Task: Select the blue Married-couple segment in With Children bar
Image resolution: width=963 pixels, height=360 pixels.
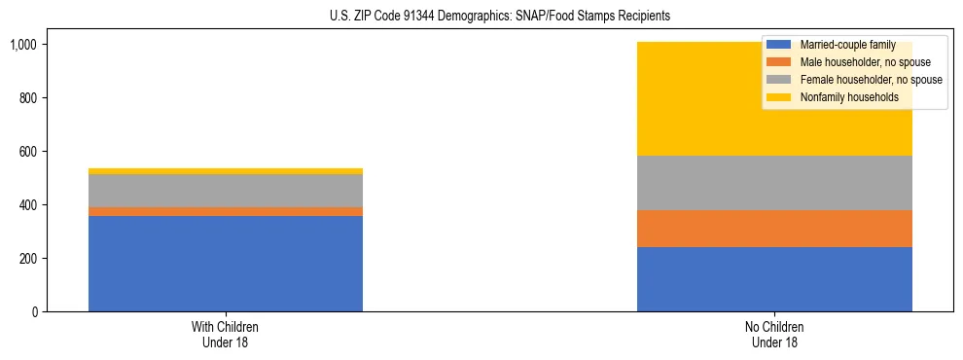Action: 226,264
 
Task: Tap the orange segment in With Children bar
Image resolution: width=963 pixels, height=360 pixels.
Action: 226,211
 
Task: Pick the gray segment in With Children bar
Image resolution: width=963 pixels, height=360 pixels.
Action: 226,191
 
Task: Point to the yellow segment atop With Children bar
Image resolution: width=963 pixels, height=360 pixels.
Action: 226,171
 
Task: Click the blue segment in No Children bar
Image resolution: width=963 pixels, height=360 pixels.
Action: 774,279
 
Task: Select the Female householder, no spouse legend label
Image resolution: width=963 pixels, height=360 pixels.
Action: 870,80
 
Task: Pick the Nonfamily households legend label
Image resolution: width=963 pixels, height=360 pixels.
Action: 849,97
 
